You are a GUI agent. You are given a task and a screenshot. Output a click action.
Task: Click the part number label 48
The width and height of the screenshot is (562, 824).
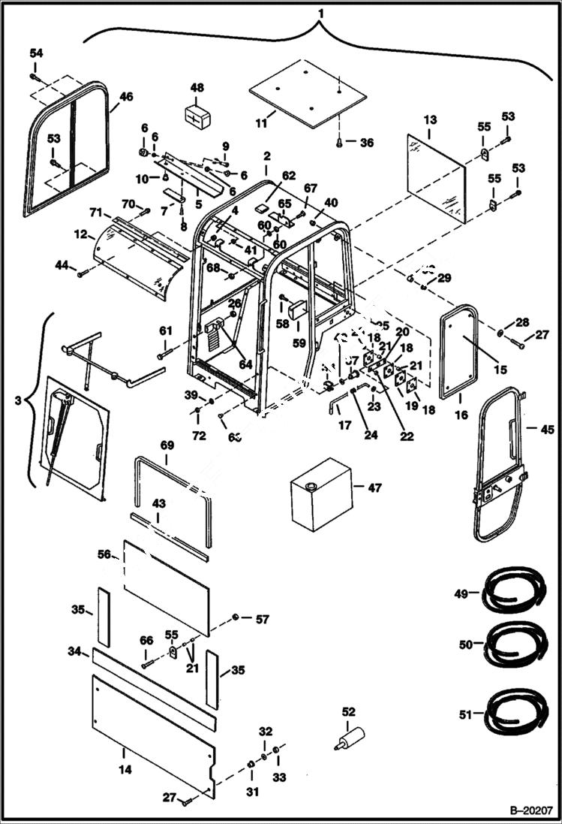coord(197,88)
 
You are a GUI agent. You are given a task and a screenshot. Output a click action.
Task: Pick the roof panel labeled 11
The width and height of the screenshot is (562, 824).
coord(308,94)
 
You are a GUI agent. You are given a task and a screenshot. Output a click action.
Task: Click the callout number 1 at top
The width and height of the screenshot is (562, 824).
coord(321,13)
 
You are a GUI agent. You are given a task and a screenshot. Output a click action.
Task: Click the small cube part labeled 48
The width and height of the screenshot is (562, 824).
coord(197,118)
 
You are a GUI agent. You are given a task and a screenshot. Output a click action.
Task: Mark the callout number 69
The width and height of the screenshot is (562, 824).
coord(167,445)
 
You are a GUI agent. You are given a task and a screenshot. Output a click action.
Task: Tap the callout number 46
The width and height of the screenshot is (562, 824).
coord(125,96)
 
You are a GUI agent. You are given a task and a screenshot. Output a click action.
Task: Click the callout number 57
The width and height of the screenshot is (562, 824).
coord(261,619)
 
